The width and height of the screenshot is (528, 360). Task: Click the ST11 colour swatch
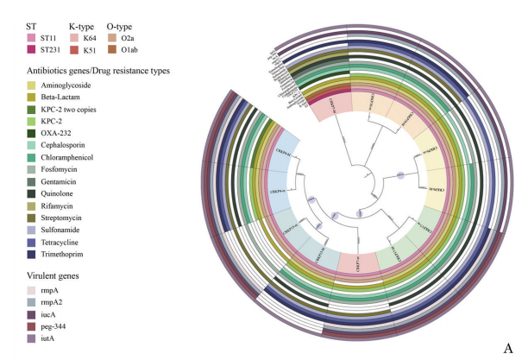click(32, 38)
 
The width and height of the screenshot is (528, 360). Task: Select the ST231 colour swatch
click(32, 50)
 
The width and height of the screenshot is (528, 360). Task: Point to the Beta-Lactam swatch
click(32, 98)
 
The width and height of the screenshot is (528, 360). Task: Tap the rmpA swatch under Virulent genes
click(32, 292)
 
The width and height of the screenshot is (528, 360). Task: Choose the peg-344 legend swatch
click(32, 328)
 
